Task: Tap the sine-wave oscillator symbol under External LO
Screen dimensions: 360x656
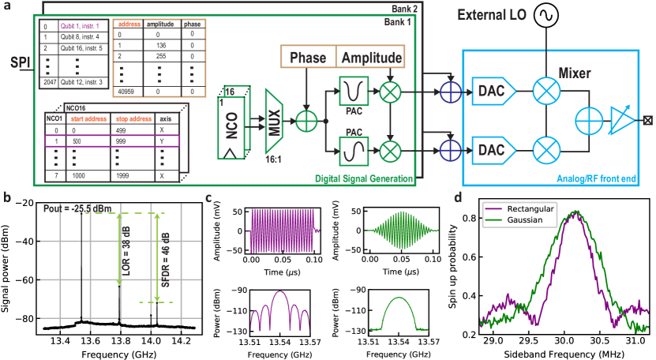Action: tap(523, 14)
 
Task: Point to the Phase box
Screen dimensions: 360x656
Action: tap(308, 58)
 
